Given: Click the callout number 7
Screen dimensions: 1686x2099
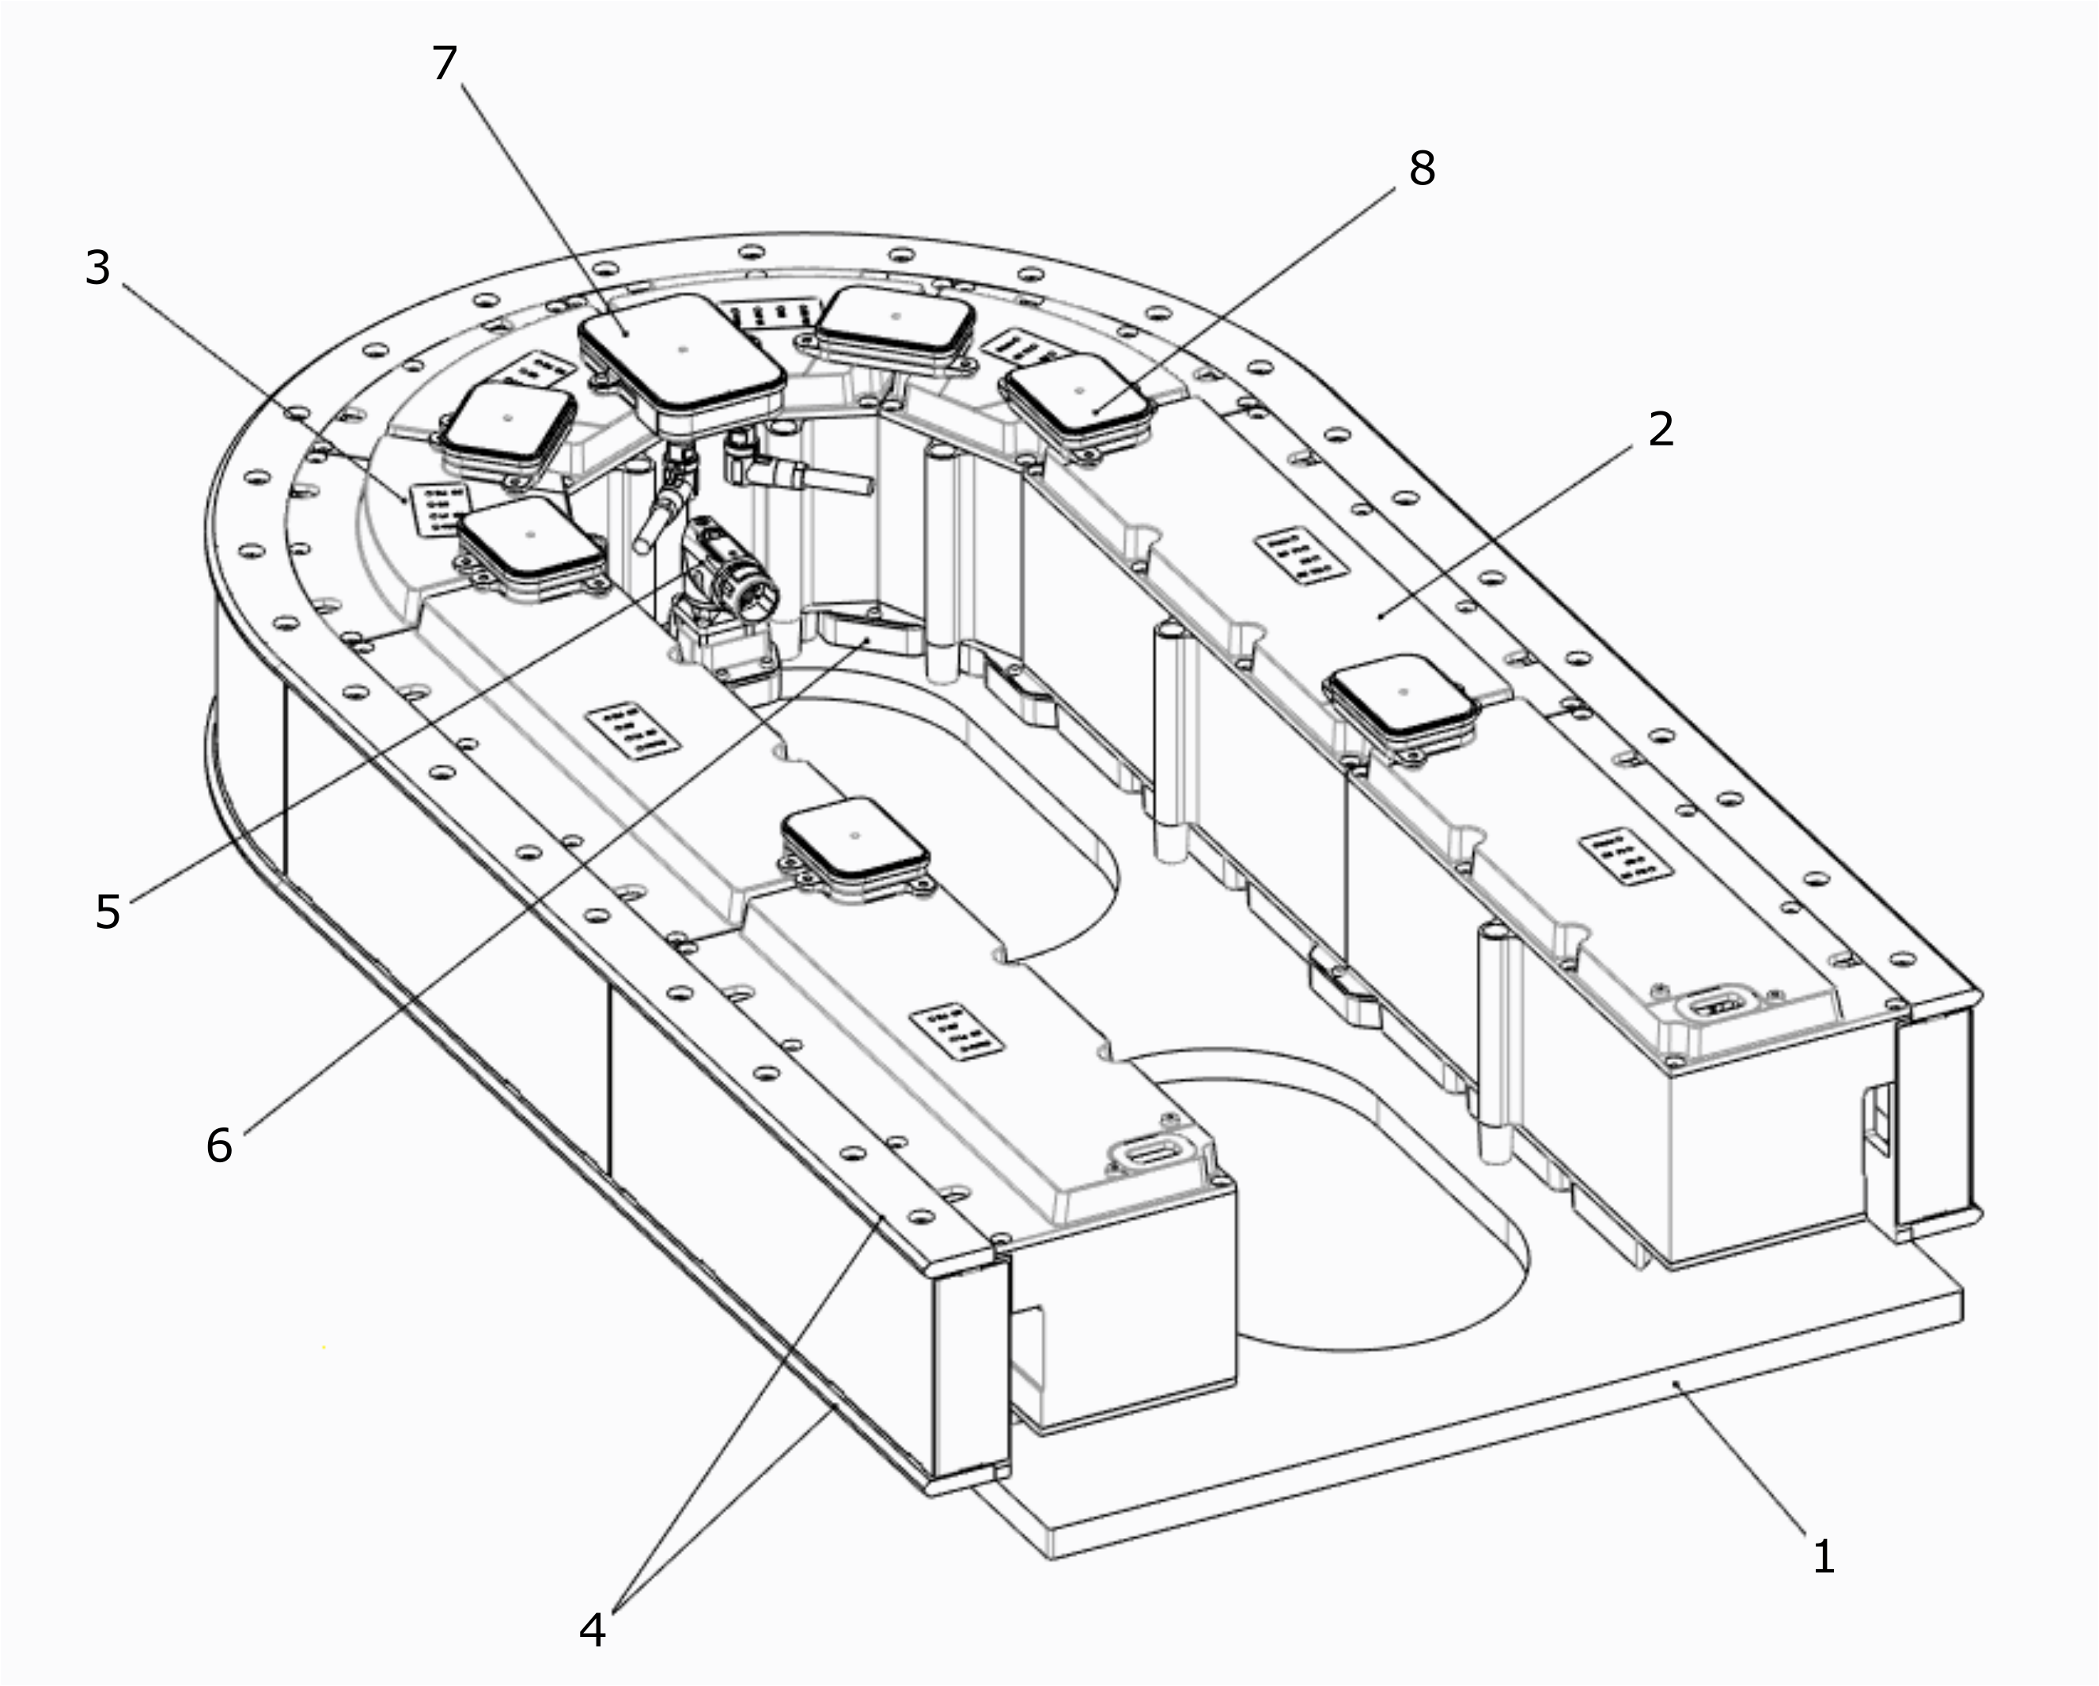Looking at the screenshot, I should pos(444,64).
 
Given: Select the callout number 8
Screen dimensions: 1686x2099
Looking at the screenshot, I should pos(1422,169).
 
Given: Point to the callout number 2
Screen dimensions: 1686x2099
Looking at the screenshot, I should pos(1661,430).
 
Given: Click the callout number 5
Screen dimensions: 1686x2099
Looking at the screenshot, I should pos(107,912).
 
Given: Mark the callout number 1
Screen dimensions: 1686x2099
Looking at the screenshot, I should pos(1823,1556).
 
